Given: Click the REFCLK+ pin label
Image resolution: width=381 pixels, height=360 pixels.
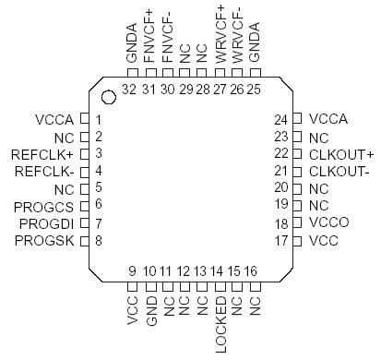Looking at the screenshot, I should (43, 153).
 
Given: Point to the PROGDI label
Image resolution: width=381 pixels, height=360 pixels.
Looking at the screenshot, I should (47, 223).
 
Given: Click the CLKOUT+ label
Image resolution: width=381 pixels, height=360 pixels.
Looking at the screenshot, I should (341, 153).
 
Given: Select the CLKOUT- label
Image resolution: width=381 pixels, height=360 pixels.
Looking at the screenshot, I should (339, 171).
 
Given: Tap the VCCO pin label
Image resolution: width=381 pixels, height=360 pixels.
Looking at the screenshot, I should (327, 223).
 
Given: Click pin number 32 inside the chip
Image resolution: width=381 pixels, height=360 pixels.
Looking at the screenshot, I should (129, 89).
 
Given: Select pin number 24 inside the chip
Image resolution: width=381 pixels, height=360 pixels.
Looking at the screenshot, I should (282, 119).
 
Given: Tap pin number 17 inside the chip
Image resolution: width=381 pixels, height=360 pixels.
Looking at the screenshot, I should (282, 241).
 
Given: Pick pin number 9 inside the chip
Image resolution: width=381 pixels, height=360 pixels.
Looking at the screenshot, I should (132, 270).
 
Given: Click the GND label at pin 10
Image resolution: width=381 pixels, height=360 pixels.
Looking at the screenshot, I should (149, 313).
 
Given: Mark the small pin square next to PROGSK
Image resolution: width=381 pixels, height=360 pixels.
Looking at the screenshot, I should (84, 241).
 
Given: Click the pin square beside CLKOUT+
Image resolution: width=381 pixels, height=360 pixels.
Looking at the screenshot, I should (297, 153).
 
